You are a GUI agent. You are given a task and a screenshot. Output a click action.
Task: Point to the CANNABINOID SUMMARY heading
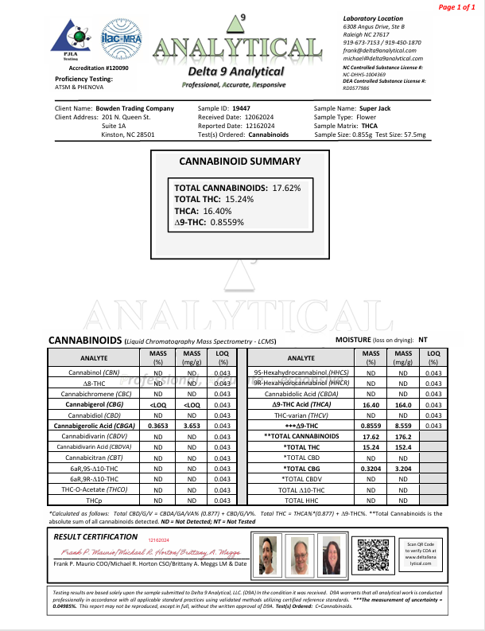[240, 161]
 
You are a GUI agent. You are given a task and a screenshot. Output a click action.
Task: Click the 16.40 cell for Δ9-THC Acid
[370, 403]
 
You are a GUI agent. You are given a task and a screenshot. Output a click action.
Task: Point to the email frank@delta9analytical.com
[377, 49]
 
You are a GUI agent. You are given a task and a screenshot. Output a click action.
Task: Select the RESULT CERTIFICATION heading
[99, 537]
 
